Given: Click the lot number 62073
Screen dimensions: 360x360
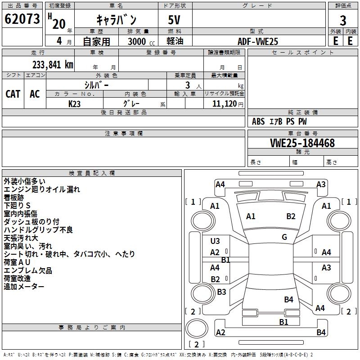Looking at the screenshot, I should coord(22,19).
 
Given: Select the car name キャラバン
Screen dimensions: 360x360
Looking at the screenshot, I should coord(117,20).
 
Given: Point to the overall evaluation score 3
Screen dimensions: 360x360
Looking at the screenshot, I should coord(343,20).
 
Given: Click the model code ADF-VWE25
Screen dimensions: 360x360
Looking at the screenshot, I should coord(258,41).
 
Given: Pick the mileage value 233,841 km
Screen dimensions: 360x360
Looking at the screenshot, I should coord(53,65).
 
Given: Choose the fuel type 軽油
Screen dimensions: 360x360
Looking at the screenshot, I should coord(175,41).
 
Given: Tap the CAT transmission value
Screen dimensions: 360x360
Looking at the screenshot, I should coord(13,94).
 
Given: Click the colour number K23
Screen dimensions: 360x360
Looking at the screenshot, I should coord(75,103).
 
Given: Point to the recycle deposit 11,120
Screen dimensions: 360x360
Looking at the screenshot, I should coord(224,103).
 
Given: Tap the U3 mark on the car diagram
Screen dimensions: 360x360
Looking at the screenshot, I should coord(215,241).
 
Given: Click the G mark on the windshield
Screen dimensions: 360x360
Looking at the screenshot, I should coord(284,237).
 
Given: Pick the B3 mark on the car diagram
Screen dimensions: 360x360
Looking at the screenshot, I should coord(221,292).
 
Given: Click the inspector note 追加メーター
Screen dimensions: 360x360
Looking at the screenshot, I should coord(24,287).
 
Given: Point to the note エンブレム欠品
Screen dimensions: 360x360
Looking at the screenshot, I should coord(28,270).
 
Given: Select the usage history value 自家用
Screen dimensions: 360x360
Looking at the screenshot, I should coord(96,41).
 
